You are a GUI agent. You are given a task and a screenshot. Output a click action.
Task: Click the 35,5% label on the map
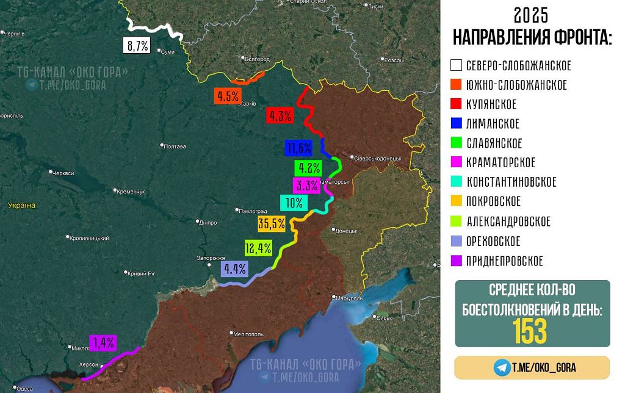(x=272, y=224)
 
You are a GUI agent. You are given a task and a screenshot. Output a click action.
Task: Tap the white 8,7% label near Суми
(x=137, y=45)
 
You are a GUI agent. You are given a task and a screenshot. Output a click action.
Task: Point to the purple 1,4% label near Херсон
(x=102, y=343)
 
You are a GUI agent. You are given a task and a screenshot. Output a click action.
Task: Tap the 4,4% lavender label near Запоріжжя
(x=235, y=269)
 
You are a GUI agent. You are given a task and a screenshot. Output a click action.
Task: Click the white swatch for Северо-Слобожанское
(x=456, y=65)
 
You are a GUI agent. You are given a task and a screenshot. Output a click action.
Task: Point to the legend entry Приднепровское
(x=504, y=261)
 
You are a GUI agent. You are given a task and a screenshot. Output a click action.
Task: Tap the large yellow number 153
(x=530, y=331)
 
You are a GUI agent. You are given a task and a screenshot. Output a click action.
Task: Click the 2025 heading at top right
(x=530, y=15)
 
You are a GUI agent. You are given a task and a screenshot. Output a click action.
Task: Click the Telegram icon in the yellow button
(x=502, y=367)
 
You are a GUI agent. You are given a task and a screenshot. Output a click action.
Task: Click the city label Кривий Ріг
(x=143, y=273)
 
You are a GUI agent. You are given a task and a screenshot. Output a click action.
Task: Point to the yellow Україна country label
(x=21, y=206)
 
